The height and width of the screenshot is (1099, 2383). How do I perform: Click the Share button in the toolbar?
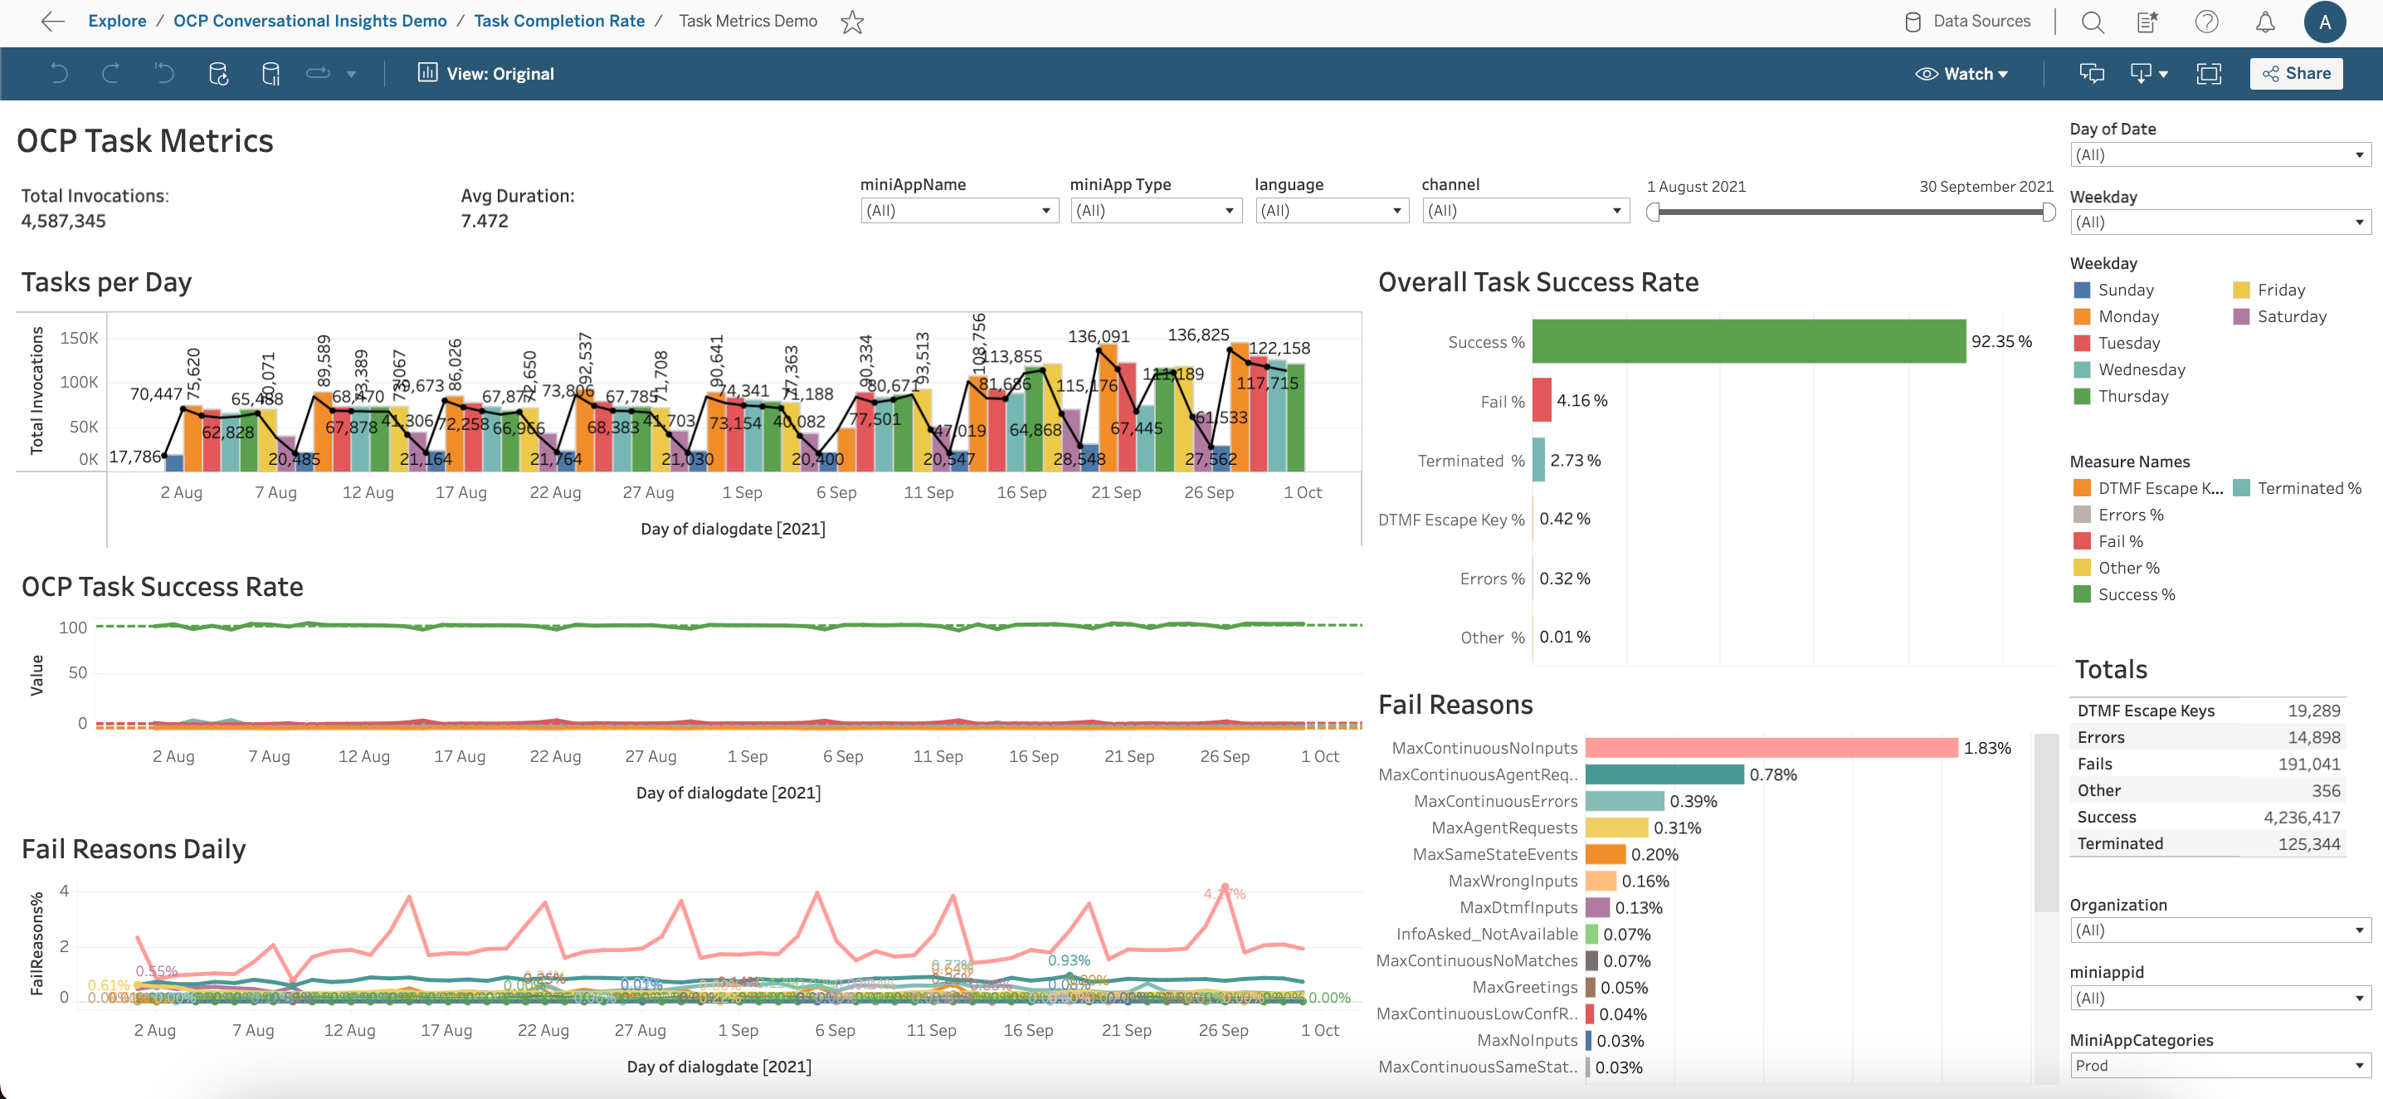(2296, 74)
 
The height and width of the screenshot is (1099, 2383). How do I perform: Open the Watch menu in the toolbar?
(1961, 74)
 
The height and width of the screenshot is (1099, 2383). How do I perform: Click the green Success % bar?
(1748, 341)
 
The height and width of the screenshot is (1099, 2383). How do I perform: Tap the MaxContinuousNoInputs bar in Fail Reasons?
(1771, 747)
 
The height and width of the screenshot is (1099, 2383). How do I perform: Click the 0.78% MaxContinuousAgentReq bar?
(1664, 774)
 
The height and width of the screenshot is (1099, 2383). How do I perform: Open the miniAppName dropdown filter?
(958, 211)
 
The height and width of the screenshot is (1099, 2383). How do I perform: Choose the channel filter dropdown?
(1524, 211)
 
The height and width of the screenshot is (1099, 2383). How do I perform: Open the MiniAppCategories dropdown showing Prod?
(2220, 1066)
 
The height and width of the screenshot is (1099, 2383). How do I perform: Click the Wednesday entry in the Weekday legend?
(2141, 370)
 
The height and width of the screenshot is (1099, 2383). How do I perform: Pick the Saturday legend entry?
(2291, 316)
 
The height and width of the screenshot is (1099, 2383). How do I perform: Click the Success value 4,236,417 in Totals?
(2301, 817)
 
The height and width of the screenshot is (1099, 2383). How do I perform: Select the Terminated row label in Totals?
(2119, 843)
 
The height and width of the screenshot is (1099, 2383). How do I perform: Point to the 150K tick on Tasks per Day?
(79, 339)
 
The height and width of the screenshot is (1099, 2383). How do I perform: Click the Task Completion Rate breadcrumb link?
(558, 22)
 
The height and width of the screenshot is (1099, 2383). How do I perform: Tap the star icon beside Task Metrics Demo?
(852, 22)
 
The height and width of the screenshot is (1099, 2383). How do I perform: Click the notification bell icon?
(2264, 22)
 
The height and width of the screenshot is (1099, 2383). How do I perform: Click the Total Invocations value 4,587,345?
(64, 221)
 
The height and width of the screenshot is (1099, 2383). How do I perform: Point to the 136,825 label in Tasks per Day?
(1198, 335)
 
